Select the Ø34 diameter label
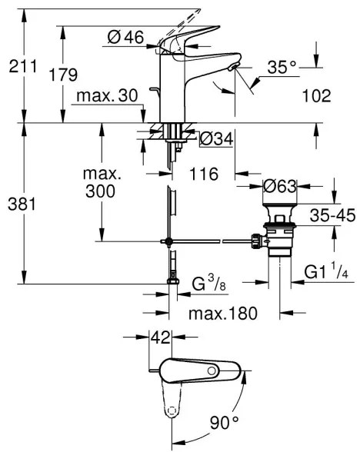215,138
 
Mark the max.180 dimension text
223,314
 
